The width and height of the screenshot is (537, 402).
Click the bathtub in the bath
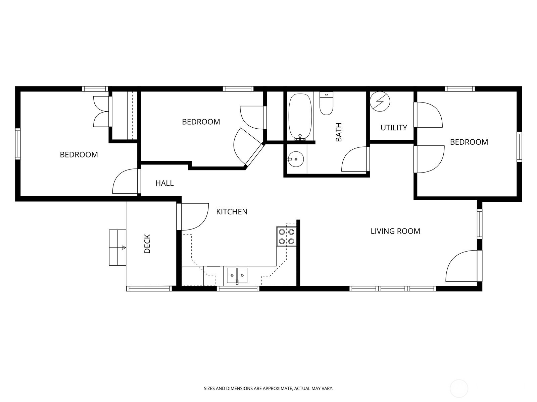click(300, 117)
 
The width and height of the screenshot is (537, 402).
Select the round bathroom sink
click(296, 159)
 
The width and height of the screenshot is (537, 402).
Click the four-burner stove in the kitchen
click(286, 236)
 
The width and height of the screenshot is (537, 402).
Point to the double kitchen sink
click(237, 275)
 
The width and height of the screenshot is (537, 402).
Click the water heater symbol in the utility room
click(380, 101)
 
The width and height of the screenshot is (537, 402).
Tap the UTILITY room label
click(394, 127)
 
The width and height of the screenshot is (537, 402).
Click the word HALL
click(164, 183)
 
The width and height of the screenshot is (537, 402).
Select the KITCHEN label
click(232, 212)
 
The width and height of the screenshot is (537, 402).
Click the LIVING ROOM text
click(395, 231)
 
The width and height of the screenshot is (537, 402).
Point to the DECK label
click(147, 244)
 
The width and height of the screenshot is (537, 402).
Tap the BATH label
click(339, 132)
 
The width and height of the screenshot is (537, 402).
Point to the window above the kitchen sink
click(238, 289)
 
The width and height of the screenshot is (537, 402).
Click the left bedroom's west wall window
click(17, 144)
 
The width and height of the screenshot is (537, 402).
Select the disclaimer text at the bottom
click(268, 388)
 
